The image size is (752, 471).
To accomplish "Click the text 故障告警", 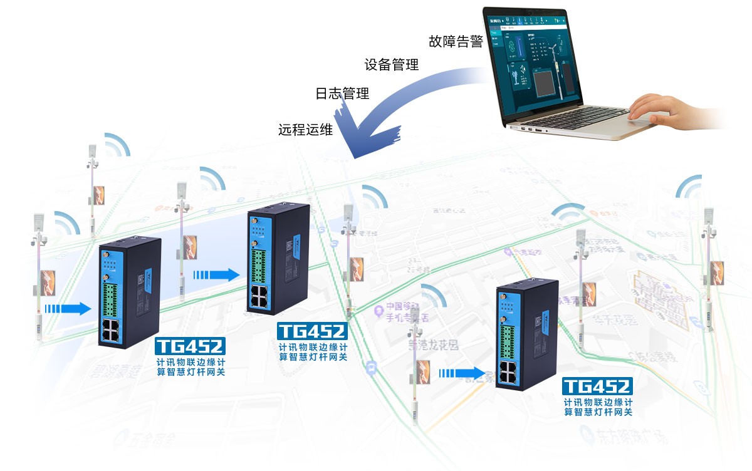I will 456,42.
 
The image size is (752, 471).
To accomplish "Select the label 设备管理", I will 392,65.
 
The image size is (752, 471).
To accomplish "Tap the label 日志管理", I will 342,94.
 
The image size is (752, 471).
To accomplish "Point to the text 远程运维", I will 305,130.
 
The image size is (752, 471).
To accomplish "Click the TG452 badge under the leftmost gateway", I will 190,346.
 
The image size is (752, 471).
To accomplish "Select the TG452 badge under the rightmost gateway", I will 597,385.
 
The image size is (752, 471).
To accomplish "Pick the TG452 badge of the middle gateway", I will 311,331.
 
